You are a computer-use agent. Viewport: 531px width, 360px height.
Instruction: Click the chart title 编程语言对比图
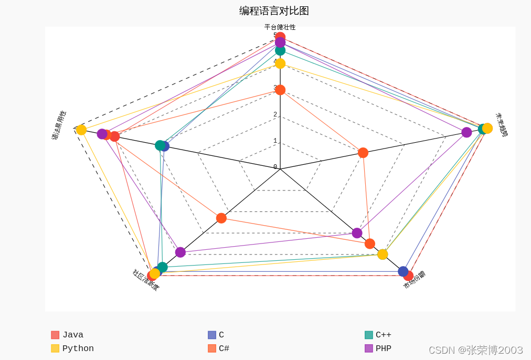coord(274,11)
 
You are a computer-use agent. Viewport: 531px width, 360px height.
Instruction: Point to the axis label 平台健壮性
coord(280,27)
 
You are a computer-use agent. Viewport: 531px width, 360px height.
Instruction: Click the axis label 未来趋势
coord(502,125)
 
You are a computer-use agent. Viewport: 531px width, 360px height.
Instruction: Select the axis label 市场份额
coord(414,280)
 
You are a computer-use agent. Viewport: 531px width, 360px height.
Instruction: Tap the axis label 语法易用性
coord(59,125)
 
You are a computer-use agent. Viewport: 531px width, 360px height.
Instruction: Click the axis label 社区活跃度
coord(146,280)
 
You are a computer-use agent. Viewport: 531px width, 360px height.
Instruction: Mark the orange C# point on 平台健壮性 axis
coord(280,90)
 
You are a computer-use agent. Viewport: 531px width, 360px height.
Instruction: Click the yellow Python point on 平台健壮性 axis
coord(280,63)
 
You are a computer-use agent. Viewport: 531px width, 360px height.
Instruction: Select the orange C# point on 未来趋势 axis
coord(363,153)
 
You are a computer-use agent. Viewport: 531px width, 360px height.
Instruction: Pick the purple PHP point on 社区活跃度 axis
coord(180,252)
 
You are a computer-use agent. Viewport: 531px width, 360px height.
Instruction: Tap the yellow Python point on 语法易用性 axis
coord(81,130)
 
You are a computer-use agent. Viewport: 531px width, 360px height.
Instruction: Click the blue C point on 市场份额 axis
coord(403,271)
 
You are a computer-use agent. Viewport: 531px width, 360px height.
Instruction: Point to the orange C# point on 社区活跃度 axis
coord(221,218)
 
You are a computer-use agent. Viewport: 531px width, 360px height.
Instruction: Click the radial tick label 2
coord(275,115)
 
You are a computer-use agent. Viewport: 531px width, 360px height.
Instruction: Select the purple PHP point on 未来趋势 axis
coord(466,132)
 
